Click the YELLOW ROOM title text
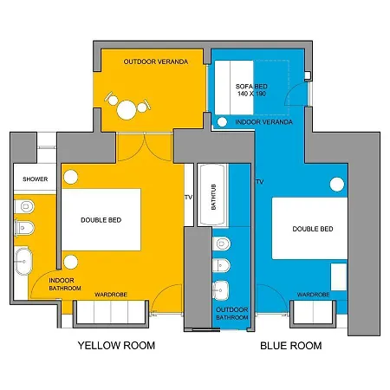pyautogui.click(x=116, y=346)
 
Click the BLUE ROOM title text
pyautogui.click(x=291, y=346)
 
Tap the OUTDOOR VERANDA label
pyautogui.click(x=156, y=62)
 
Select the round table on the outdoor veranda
pyautogui.click(x=127, y=110)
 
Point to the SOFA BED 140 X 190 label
pyautogui.click(x=251, y=90)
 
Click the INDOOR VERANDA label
pyautogui.click(x=264, y=122)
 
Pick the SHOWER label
pyautogui.click(x=36, y=179)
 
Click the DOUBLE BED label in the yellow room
pyautogui.click(x=101, y=220)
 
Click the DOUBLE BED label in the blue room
pyautogui.click(x=313, y=229)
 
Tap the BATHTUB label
pyautogui.click(x=214, y=197)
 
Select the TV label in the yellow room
pyautogui.click(x=188, y=198)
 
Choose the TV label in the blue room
pyautogui.click(x=259, y=182)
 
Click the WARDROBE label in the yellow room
pyautogui.click(x=111, y=295)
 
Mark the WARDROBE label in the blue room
pyautogui.click(x=314, y=295)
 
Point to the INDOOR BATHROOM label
pyautogui.click(x=65, y=284)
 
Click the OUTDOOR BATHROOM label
pyautogui.click(x=232, y=314)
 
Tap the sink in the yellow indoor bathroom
pyautogui.click(x=23, y=261)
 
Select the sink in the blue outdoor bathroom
pyautogui.click(x=221, y=290)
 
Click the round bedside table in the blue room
pyautogui.click(x=337, y=184)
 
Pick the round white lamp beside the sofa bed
pyautogui.click(x=222, y=122)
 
